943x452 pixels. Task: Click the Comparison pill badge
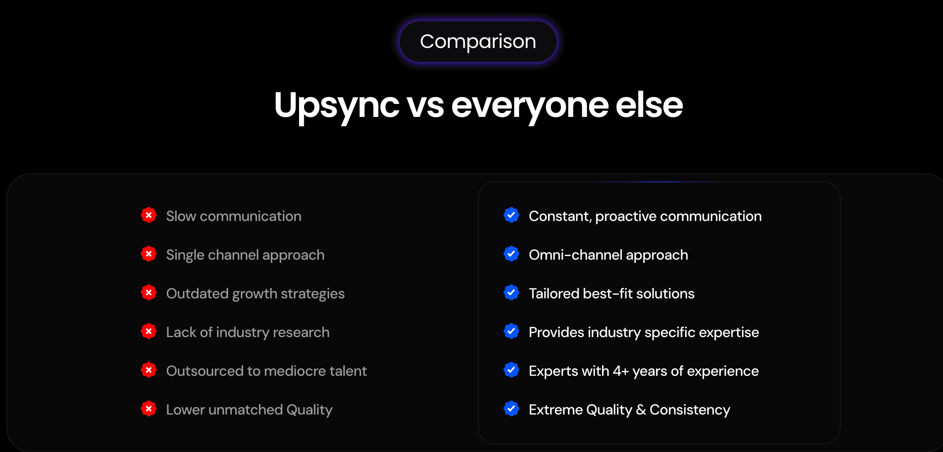tap(478, 42)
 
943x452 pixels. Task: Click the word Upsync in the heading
tap(336, 106)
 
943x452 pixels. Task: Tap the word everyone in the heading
tap(530, 106)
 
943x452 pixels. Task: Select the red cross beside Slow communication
tap(149, 215)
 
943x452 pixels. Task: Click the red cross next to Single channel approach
tap(149, 254)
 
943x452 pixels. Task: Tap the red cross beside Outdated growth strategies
tap(149, 293)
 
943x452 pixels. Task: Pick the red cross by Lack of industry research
tap(149, 331)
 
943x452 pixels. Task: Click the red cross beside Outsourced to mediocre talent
tap(149, 370)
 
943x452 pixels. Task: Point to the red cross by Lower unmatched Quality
tap(149, 409)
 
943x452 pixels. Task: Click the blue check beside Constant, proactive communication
tap(511, 215)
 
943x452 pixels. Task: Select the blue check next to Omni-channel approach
tap(511, 254)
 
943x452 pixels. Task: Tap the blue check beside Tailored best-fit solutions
tap(511, 293)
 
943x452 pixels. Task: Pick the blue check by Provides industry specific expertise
tap(511, 331)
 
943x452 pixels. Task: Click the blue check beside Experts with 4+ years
tap(511, 370)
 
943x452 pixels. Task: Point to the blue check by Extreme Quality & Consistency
tap(511, 409)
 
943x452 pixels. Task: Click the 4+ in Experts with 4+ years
tap(621, 371)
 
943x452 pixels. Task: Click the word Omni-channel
tap(575, 255)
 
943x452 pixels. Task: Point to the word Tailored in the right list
tap(554, 294)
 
